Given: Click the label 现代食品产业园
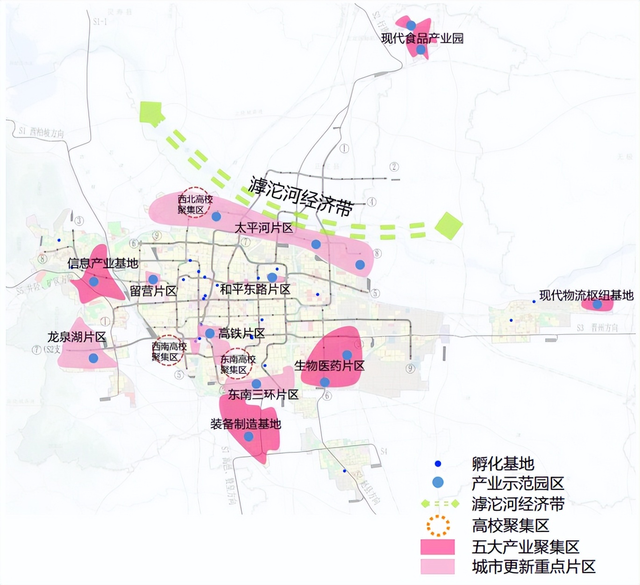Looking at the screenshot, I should coord(422,38).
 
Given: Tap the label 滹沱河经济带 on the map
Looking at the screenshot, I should coord(301,197).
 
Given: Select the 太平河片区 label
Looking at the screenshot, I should coord(263,228).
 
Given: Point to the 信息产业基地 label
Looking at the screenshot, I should coord(103,264).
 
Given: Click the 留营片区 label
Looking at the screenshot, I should coord(153,291).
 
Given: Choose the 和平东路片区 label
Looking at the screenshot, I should coord(255,289).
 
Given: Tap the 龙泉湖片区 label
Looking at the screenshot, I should coord(77,337).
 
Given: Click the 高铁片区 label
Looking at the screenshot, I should coord(242,333).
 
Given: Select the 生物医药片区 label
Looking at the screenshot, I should coord(329,365).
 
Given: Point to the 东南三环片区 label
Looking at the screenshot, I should coord(263,395).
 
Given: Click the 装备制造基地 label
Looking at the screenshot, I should coord(246,424).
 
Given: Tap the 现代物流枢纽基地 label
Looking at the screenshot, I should coord(586,295).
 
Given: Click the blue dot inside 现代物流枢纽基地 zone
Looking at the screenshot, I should coord(597,305).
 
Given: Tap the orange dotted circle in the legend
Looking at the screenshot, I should coord(438,526).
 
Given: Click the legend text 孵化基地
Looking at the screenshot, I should coord(503,464).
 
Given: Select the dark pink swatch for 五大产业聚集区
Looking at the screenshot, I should coord(437,547).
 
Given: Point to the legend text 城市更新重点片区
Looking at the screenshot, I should coord(533,567).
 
